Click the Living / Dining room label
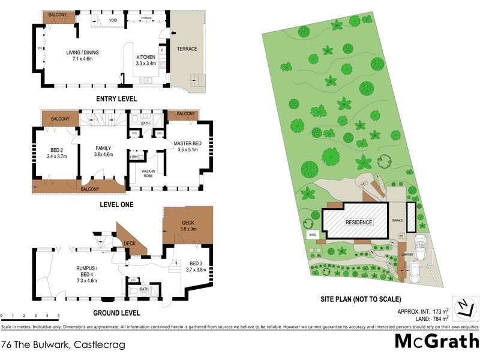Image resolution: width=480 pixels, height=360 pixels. point(82,56)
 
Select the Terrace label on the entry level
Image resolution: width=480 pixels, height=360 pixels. point(187,49)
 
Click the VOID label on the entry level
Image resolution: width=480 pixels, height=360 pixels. point(113,20)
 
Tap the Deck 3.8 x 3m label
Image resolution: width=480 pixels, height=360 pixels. point(188,226)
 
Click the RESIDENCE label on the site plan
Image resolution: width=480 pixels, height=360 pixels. point(358,222)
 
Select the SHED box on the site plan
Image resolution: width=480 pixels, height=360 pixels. point(312,235)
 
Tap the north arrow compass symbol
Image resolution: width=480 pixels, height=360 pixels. point(463,308)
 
